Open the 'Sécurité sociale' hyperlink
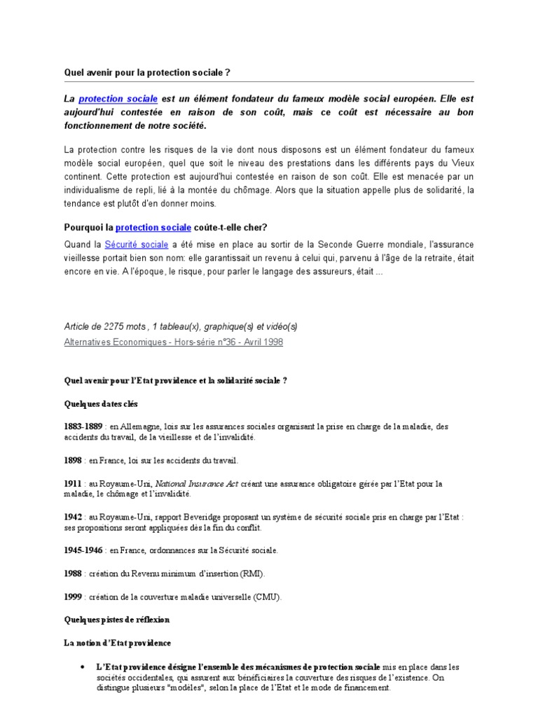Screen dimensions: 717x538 point(137,244)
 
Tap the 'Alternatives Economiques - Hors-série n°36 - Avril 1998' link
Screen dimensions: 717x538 point(174,342)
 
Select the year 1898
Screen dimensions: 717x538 point(73,460)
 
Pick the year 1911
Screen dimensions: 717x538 point(73,483)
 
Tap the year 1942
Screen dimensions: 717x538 point(73,517)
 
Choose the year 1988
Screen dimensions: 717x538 point(73,573)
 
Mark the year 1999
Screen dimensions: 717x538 point(73,597)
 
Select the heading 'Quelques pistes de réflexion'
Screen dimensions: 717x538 point(116,620)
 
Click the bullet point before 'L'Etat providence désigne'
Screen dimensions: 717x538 point(83,667)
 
